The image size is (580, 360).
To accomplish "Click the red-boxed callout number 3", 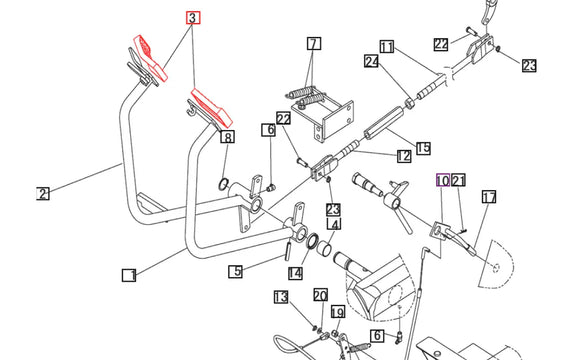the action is [x=193, y=17].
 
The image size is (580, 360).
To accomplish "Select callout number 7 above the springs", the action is [x=314, y=43].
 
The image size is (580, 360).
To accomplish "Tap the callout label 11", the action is [x=387, y=47].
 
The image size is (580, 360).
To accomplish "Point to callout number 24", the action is [x=371, y=61].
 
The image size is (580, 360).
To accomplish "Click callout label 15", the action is [x=423, y=148].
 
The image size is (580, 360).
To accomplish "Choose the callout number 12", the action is [x=404, y=156].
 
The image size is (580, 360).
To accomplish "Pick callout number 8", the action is [x=227, y=137].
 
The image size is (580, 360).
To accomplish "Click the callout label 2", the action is [x=43, y=194].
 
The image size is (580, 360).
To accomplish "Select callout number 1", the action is [x=129, y=275].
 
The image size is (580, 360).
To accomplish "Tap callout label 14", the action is [x=295, y=273].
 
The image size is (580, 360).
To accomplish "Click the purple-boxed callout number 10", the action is [x=443, y=180].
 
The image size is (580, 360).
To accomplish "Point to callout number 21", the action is [x=458, y=180].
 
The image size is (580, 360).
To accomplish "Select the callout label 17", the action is [x=489, y=197].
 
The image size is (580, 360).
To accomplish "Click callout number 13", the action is [x=281, y=297].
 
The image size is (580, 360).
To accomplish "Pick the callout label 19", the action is [x=338, y=312].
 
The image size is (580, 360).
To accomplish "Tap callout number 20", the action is [x=321, y=295].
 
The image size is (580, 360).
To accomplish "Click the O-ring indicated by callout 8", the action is [x=223, y=184].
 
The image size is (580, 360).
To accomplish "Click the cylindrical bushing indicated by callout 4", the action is [x=324, y=247].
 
